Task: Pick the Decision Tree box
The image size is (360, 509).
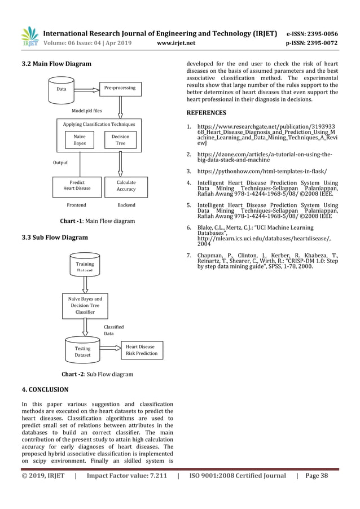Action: coord(120,140)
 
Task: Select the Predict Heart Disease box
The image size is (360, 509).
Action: coord(77,186)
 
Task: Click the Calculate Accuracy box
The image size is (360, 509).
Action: coord(126,186)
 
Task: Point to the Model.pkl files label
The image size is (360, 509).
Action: coord(86,111)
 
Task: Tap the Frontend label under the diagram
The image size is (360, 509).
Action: coord(76,205)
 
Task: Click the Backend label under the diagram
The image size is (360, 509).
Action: coord(126,205)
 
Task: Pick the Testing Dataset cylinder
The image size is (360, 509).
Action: coord(82,351)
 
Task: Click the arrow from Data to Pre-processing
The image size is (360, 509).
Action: coord(87,89)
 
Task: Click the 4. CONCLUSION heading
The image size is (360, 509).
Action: coord(45,389)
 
